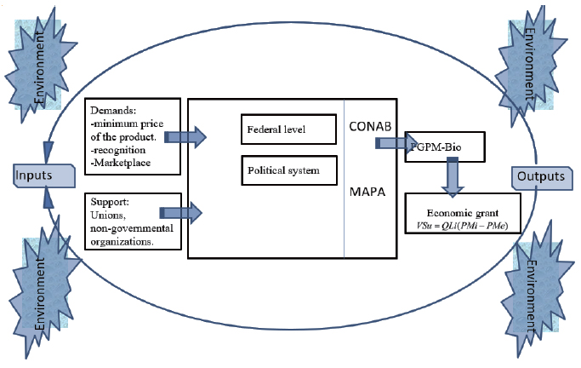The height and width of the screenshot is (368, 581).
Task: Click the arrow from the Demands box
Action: pyautogui.click(x=185, y=136)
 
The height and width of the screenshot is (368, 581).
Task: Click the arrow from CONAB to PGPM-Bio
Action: pyautogui.click(x=390, y=142)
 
